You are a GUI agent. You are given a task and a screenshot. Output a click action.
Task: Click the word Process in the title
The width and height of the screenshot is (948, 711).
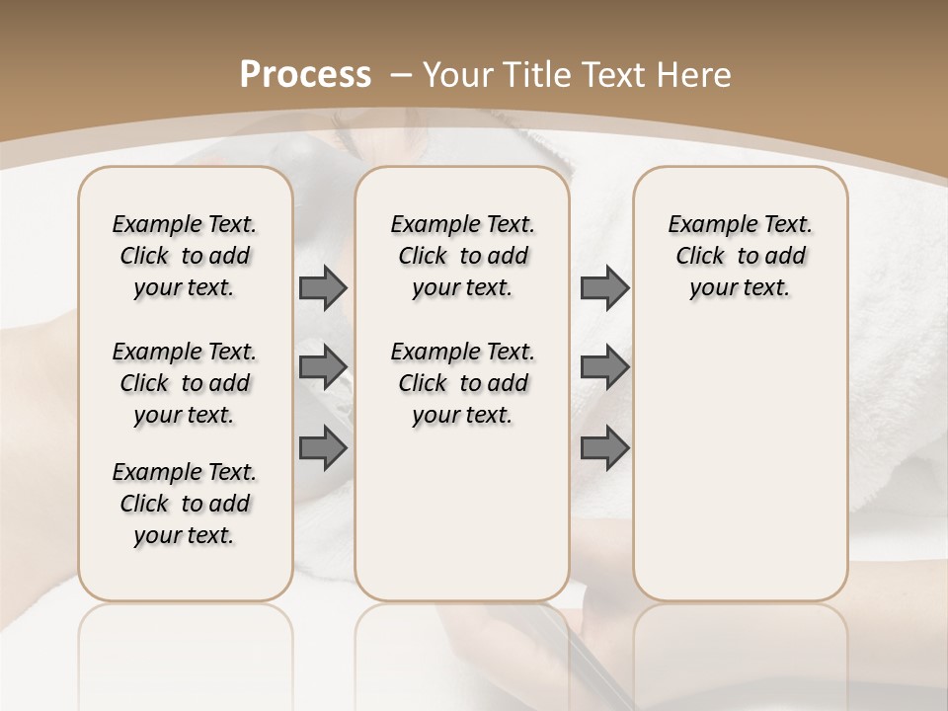click(305, 74)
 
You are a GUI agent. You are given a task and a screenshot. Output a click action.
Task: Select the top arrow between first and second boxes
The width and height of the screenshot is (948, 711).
click(323, 287)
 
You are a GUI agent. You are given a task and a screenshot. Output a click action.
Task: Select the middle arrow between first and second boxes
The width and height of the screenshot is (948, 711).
click(323, 366)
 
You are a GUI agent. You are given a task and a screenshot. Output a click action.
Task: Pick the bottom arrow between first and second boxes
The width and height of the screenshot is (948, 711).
click(323, 448)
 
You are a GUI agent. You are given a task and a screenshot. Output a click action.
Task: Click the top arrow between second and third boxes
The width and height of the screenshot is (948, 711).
click(604, 287)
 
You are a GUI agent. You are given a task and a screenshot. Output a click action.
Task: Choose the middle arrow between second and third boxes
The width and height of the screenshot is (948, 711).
click(604, 366)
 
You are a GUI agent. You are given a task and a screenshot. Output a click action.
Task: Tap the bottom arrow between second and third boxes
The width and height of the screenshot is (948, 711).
click(604, 448)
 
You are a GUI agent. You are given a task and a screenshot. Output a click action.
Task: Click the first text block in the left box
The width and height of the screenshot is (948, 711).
click(185, 256)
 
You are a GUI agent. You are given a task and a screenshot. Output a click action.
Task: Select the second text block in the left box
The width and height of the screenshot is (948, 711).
click(185, 383)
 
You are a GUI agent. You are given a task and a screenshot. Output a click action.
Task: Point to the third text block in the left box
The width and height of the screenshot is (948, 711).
click(185, 504)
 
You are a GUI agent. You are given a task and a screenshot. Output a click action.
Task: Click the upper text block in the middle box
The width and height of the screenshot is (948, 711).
click(462, 256)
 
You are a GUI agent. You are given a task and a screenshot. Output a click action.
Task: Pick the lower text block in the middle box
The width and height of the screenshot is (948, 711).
click(462, 383)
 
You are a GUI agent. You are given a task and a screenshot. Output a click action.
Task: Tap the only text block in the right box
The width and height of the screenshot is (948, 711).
click(740, 256)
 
